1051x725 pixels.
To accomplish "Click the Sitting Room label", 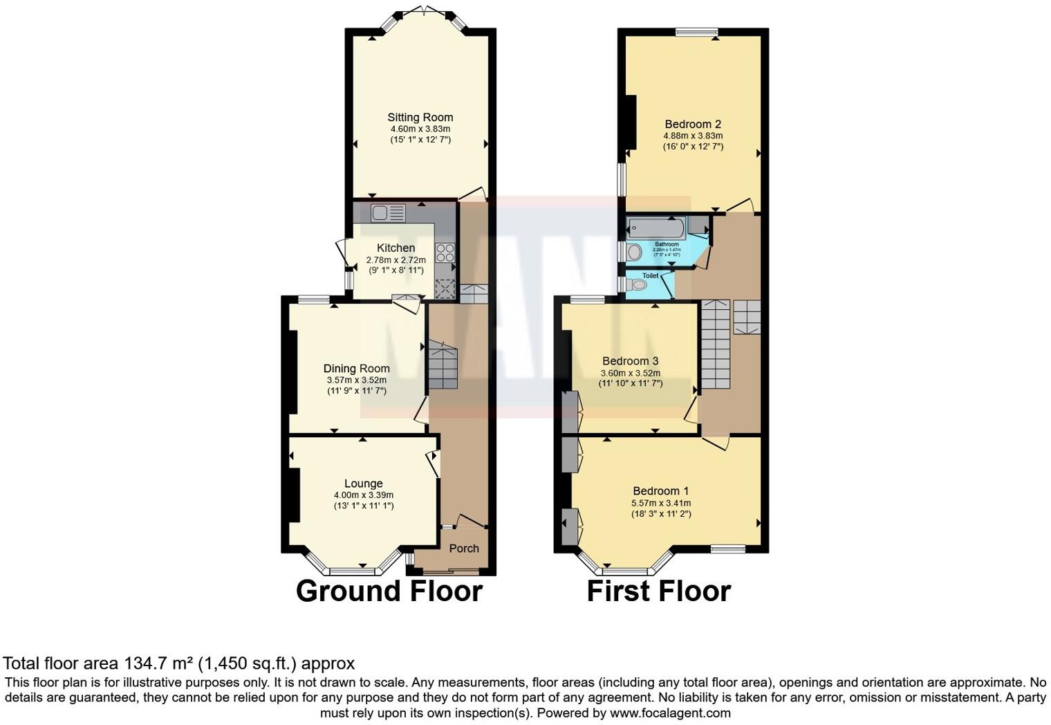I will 420,118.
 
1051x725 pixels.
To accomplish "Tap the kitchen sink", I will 389,213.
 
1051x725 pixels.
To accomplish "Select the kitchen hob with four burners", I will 445,253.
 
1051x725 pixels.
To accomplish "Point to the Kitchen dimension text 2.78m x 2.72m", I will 396,260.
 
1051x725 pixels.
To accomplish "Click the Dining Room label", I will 356,369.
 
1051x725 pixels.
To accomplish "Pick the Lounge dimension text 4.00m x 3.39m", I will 363,495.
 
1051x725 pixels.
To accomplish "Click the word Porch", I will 464,548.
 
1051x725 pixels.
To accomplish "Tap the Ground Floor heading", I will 389,591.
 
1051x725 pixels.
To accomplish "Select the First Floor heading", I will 658,591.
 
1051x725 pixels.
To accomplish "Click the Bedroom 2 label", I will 693,125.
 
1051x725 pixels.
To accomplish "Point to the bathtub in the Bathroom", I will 655,228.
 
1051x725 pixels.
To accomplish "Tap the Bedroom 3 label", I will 630,361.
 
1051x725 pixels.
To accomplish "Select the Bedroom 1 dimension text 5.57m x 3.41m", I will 660,503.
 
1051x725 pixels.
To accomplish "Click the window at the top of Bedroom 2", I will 696,32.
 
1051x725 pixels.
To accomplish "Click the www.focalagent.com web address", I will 669,713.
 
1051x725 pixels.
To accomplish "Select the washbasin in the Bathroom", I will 633,253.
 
